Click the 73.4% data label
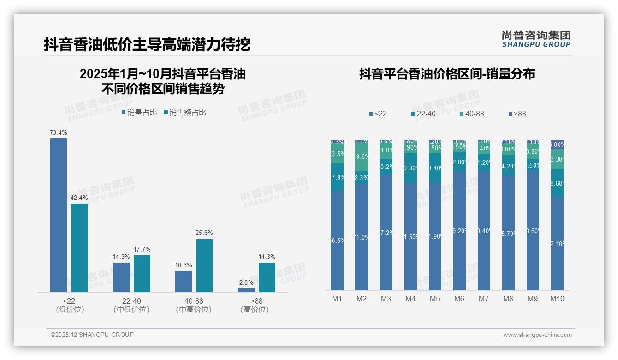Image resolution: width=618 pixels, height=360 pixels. click(x=59, y=133)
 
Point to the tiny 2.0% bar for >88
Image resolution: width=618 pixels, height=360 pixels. click(x=246, y=290)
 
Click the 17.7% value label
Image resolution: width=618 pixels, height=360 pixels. click(x=142, y=250)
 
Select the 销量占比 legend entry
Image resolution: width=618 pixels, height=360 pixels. click(x=139, y=113)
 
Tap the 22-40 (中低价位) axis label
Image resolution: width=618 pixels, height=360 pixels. click(x=131, y=305)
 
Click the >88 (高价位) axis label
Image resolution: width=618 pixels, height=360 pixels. click(x=255, y=305)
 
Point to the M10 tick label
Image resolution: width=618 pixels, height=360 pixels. click(x=558, y=299)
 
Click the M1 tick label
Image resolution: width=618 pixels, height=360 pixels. click(x=337, y=299)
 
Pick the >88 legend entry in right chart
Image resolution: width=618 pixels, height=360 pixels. click(x=517, y=114)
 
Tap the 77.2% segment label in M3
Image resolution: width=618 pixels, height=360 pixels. click(x=386, y=233)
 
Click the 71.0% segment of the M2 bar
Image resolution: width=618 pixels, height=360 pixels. click(x=362, y=237)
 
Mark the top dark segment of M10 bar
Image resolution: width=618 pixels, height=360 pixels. click(x=557, y=144)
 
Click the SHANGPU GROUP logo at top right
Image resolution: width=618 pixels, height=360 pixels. click(x=536, y=39)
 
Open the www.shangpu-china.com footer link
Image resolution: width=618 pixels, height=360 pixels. click(x=537, y=335)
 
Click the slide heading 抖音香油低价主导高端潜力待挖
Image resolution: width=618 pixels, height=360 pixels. click(x=147, y=45)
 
